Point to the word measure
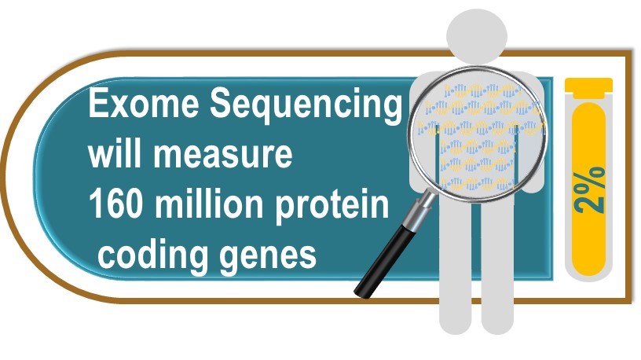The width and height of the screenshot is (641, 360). click(223, 156)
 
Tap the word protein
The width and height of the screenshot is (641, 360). click(332, 206)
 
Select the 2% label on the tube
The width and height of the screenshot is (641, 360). click(589, 189)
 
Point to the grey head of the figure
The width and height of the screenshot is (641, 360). click(477, 35)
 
